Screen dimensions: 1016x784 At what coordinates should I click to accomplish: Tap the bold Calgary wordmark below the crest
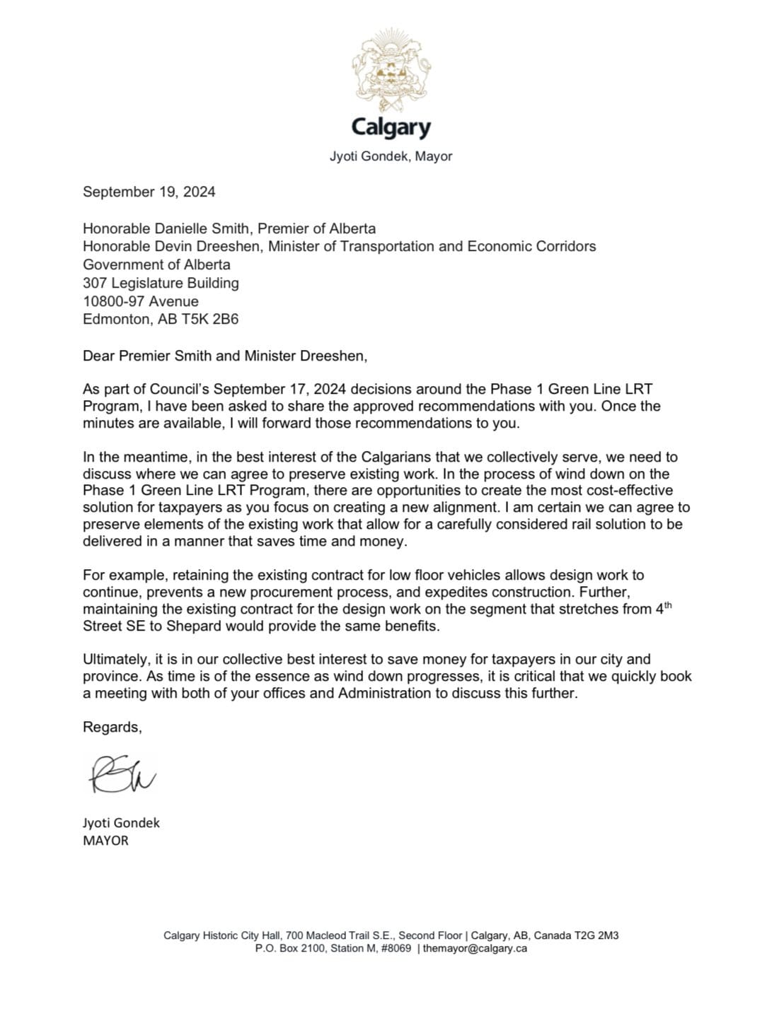(391, 127)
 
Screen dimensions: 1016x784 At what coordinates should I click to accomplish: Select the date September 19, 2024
(149, 192)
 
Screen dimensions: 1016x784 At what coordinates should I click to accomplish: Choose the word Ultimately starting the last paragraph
(115, 659)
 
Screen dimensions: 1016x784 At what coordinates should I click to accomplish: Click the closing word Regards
(112, 727)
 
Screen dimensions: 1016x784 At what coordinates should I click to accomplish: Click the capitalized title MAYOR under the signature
(105, 841)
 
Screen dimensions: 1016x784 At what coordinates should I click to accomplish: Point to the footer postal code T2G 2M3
(599, 935)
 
